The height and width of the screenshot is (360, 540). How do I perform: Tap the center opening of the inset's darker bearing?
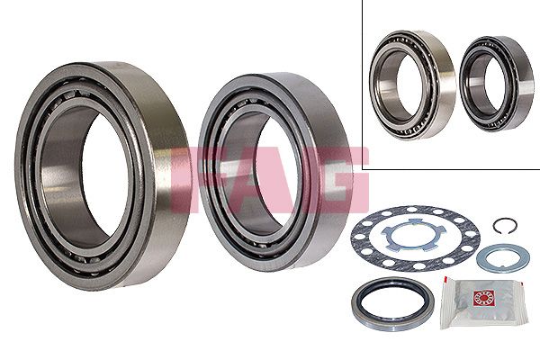(x=485, y=84)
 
